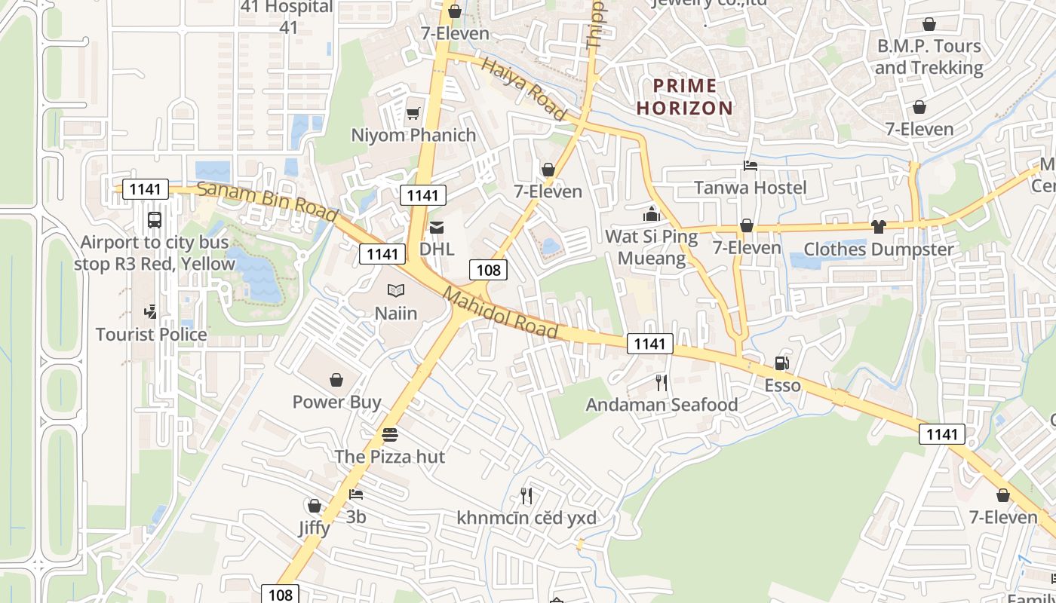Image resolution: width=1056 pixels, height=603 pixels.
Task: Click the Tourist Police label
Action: [151, 334]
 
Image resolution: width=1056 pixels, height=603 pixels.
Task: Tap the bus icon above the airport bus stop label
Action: [154, 220]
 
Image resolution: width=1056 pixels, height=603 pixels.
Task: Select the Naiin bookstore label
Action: [396, 313]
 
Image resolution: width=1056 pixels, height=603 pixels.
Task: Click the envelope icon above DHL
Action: [437, 228]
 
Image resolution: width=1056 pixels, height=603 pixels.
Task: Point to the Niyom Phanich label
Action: [413, 135]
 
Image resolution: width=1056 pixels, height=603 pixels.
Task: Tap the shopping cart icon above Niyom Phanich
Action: [413, 114]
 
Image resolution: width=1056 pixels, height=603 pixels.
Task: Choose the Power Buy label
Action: [336, 402]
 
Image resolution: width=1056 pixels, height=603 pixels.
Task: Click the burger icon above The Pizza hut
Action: [389, 435]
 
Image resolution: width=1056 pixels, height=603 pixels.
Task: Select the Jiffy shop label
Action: [314, 527]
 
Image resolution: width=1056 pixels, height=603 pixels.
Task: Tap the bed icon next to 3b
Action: [356, 494]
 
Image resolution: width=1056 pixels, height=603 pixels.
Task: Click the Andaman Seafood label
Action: [662, 405]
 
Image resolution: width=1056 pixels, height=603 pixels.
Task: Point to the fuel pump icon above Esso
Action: [781, 363]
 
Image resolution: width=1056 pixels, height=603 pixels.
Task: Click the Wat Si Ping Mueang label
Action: [652, 247]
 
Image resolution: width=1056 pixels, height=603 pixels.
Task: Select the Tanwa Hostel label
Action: [750, 187]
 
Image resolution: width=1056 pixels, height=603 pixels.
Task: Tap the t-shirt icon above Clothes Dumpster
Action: [878, 227]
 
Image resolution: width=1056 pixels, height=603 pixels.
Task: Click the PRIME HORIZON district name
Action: [684, 96]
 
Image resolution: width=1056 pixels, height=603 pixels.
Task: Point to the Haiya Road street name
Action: [524, 89]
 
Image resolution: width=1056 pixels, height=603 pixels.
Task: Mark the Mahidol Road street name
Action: [501, 312]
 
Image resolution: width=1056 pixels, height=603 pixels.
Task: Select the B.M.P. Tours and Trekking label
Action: [929, 57]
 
